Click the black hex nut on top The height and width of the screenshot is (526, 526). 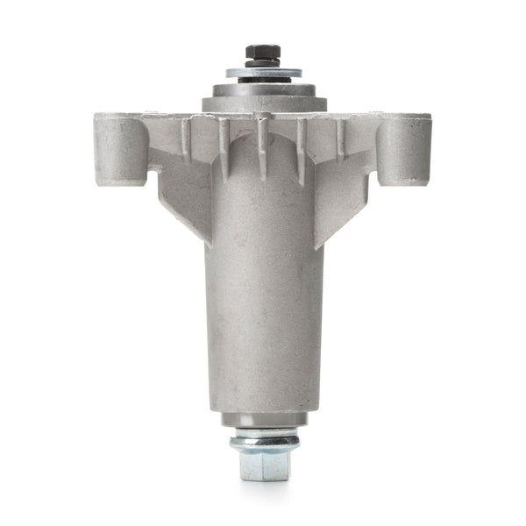tap(263, 53)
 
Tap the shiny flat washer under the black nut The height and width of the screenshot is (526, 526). tap(263, 73)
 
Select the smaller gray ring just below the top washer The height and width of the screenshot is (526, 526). tap(263, 89)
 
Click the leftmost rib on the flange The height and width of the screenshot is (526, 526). tap(186, 136)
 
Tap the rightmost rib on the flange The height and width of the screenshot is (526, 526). tap(340, 136)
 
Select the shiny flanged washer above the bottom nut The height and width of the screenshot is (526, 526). tap(263, 439)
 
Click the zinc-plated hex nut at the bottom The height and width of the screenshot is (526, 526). tap(263, 464)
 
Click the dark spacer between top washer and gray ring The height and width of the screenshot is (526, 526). tap(263, 82)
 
